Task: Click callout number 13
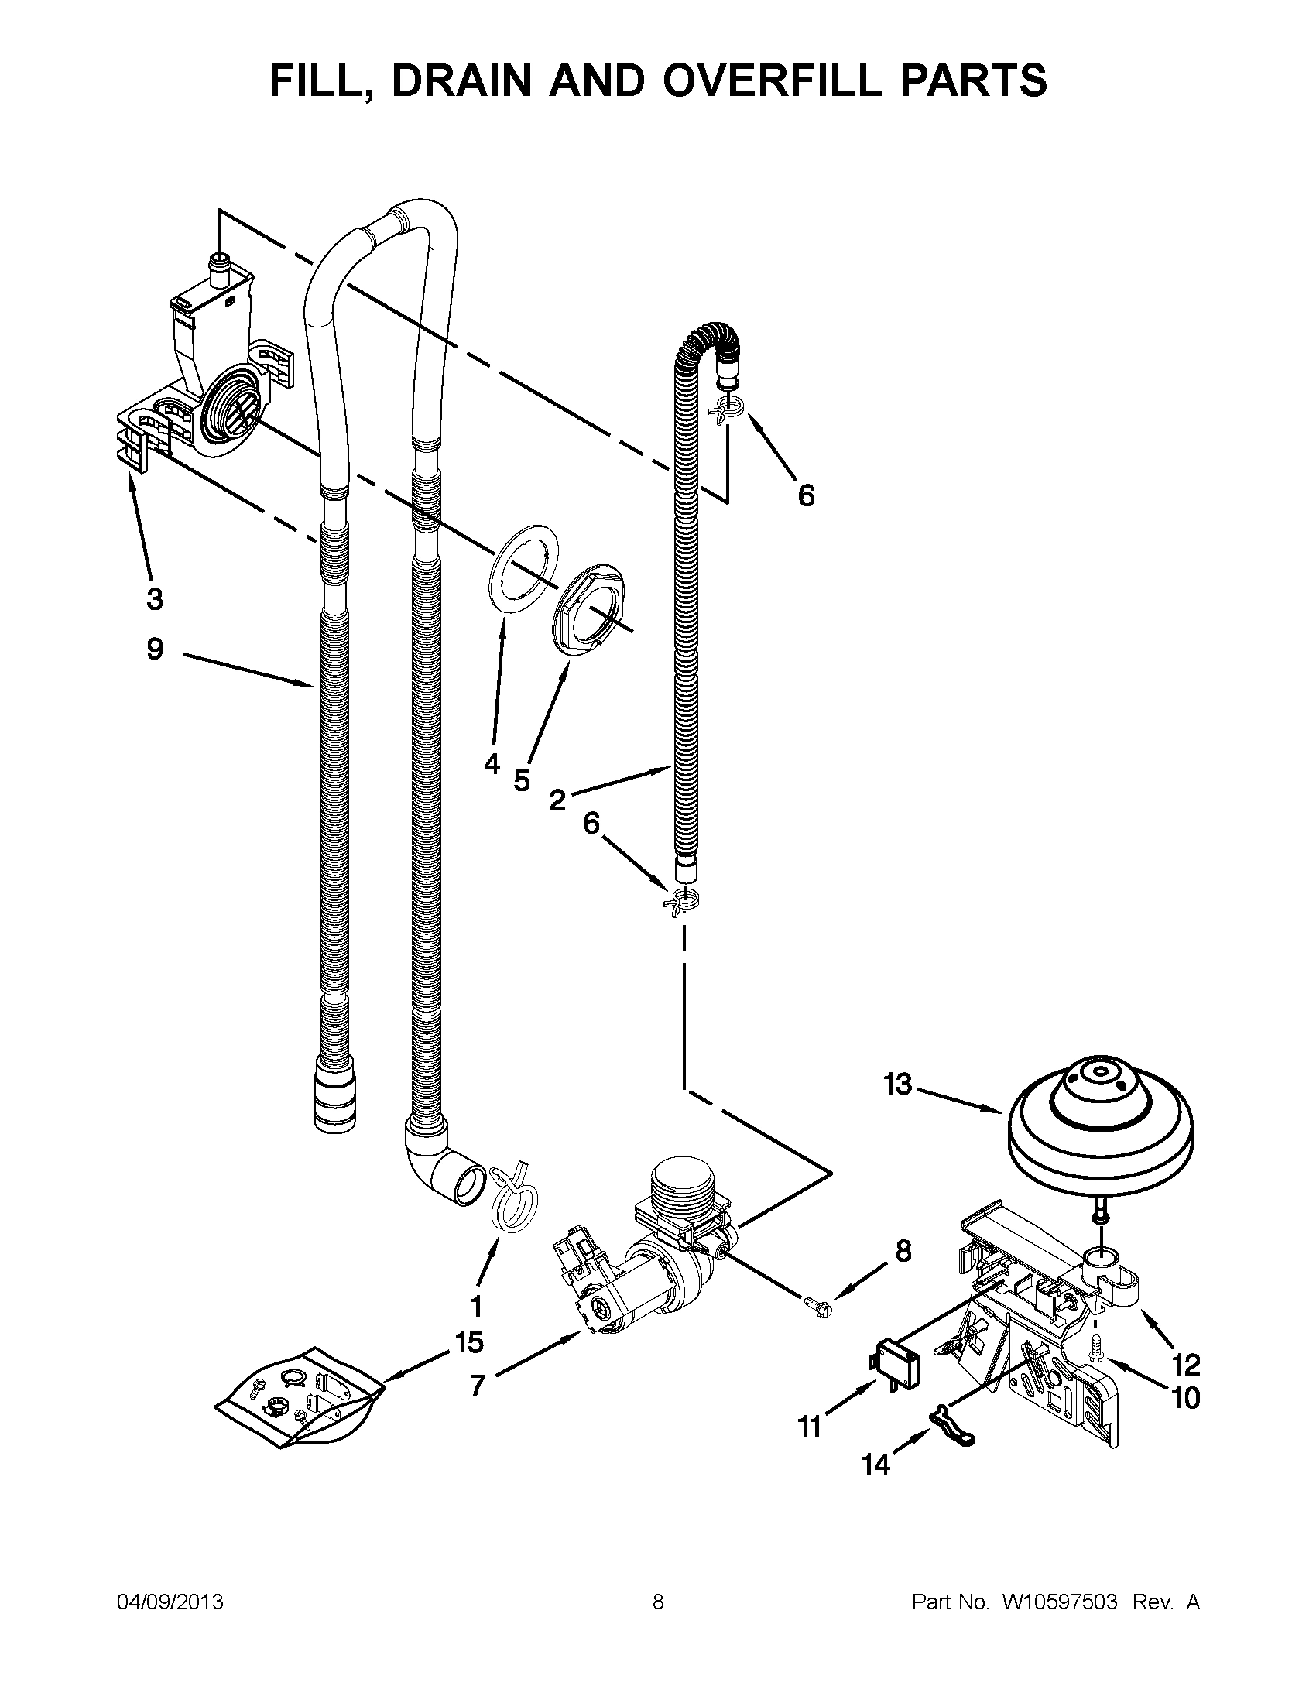pos(897,1085)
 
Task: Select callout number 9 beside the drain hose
pos(155,649)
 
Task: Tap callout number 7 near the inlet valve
pos(477,1385)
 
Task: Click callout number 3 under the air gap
pos(154,600)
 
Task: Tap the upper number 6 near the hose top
pos(806,495)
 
